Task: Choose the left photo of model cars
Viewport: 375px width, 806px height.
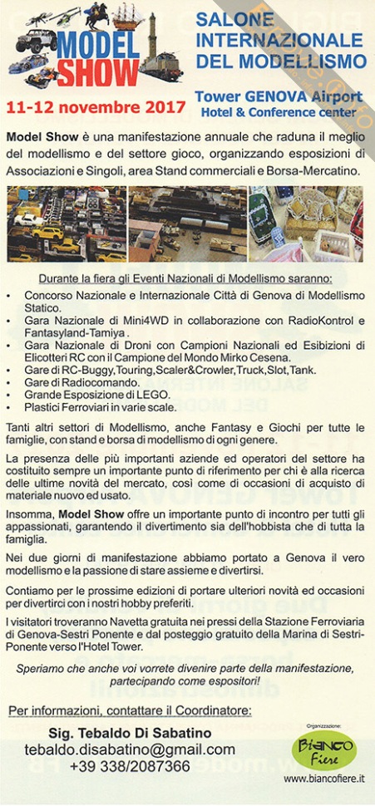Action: pos(65,224)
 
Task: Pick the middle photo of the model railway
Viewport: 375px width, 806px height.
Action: pos(187,224)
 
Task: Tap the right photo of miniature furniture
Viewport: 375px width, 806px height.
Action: pos(306,224)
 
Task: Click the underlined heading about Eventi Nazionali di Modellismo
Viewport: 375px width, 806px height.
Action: pos(185,278)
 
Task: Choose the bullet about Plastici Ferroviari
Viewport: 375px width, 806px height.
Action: pos(100,406)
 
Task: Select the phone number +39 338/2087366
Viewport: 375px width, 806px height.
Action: pos(129,766)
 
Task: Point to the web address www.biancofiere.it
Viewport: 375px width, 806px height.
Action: pos(323,779)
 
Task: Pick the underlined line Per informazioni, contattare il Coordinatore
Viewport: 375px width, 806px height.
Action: pos(129,710)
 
